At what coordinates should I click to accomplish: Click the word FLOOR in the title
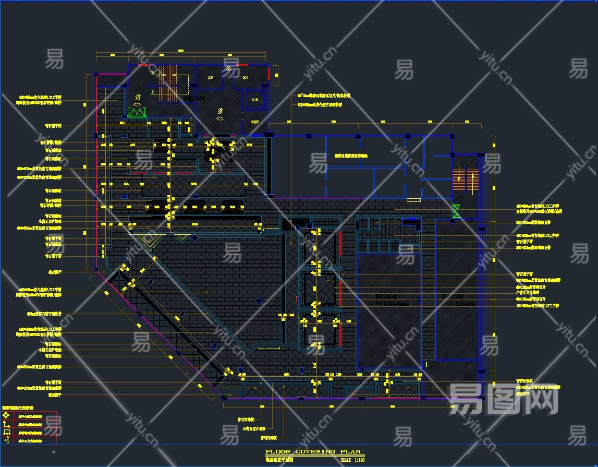[276, 452]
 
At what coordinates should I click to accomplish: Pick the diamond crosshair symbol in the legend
[7, 416]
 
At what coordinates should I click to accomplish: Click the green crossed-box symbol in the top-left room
[136, 112]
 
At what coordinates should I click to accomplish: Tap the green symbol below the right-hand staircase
[457, 211]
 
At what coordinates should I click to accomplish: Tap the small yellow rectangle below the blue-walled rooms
[414, 200]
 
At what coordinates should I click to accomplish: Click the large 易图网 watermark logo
[503, 399]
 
